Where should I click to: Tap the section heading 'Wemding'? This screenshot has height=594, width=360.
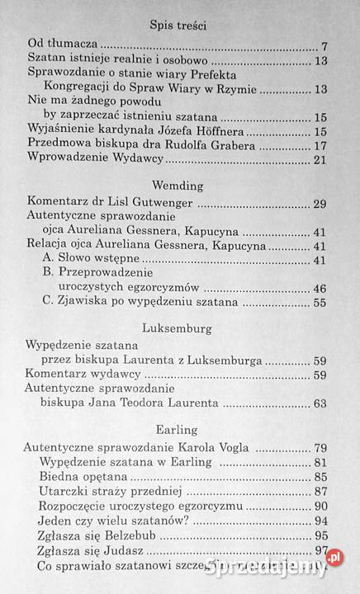(179, 185)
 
